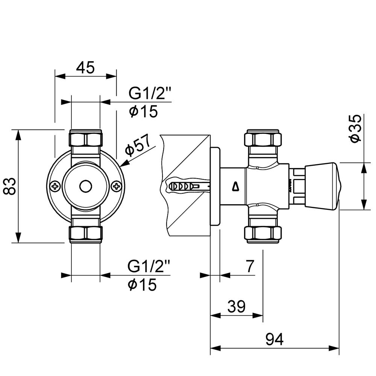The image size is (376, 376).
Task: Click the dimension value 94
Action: click(274, 340)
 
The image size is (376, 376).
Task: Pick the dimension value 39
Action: click(237, 307)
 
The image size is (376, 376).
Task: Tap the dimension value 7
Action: click(250, 266)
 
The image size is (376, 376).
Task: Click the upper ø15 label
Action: click(143, 112)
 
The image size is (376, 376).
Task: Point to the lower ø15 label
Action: click(142, 285)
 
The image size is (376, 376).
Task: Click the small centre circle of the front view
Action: click(86, 186)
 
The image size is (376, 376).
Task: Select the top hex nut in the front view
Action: click(86, 139)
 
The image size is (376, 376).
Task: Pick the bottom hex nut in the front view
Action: click(86, 233)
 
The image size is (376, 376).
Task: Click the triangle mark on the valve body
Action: click(236, 186)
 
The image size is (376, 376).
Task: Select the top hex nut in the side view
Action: click(263, 139)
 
